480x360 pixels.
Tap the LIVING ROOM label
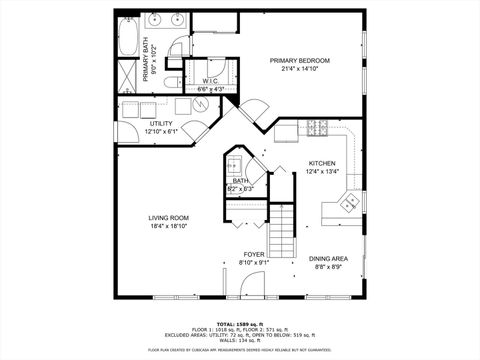click(x=168, y=218)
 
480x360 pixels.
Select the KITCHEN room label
click(x=321, y=163)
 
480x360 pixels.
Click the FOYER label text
click(x=253, y=255)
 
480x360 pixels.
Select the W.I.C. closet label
click(x=211, y=81)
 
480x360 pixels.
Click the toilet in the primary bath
click(x=171, y=82)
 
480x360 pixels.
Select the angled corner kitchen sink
click(x=349, y=203)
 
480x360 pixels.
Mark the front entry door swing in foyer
click(x=235, y=288)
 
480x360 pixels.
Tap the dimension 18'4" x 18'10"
click(x=168, y=227)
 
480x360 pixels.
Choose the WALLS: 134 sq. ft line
click(x=239, y=341)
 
